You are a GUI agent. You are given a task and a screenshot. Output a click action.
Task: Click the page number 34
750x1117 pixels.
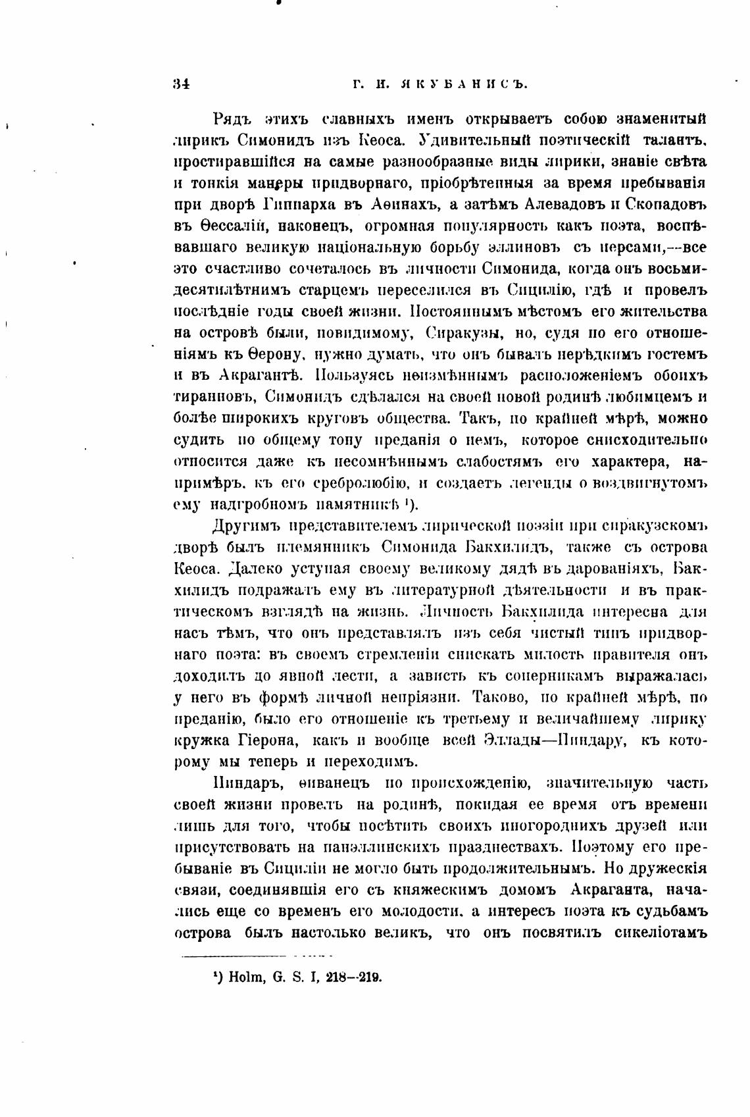[181, 84]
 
